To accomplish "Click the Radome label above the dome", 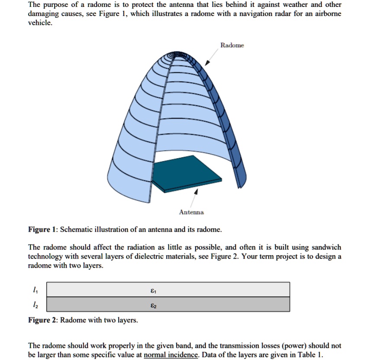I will click(232, 45).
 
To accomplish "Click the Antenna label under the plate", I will click(191, 212).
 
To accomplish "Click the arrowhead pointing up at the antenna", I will click(197, 191).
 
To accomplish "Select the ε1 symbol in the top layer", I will click(153, 290).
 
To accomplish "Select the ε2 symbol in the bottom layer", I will click(153, 305).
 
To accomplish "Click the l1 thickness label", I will click(35, 289).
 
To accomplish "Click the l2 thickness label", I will click(35, 305).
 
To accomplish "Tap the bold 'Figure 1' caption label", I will click(42, 229).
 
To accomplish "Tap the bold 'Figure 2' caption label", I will click(42, 320).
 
